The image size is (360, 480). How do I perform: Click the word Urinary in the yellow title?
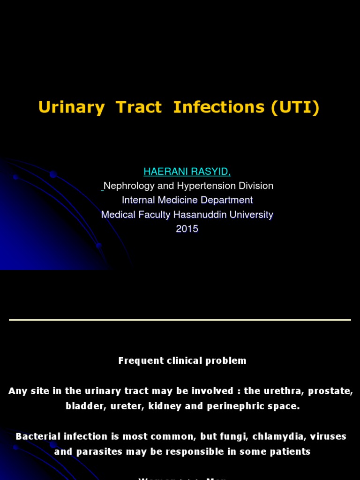click(x=71, y=107)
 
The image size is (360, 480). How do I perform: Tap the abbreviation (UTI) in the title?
click(x=295, y=107)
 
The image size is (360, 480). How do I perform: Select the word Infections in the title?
click(x=218, y=107)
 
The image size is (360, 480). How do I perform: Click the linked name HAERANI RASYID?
click(x=180, y=172)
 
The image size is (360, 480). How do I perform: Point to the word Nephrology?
click(x=128, y=186)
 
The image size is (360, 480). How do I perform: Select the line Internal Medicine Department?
click(x=187, y=200)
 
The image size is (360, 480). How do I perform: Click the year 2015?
click(x=187, y=229)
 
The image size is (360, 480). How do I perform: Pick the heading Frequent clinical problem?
click(x=182, y=361)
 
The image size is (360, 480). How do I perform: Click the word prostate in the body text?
click(x=335, y=391)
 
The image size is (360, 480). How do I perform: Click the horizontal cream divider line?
click(x=180, y=320)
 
